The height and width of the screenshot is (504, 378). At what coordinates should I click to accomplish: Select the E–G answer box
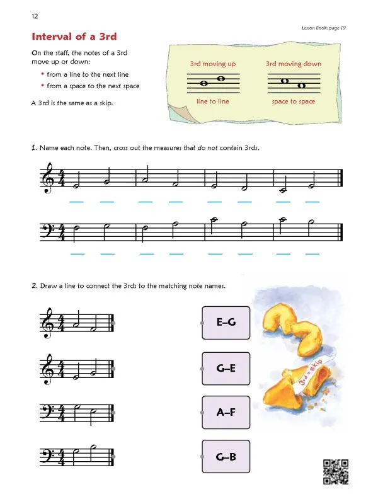click(x=226, y=323)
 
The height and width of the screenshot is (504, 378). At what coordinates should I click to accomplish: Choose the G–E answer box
click(x=226, y=368)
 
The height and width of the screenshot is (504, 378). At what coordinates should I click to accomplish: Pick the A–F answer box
click(x=226, y=413)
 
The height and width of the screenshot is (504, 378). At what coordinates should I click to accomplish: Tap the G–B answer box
click(x=226, y=457)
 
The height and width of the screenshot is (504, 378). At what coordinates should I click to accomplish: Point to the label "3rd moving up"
click(x=213, y=64)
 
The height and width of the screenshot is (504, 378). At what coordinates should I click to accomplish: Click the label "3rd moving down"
click(x=294, y=64)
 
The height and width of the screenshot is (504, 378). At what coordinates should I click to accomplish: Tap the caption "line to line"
click(x=213, y=101)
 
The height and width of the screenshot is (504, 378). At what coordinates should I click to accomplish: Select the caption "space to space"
click(x=294, y=101)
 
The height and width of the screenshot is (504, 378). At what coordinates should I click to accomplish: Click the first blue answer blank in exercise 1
click(x=77, y=202)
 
